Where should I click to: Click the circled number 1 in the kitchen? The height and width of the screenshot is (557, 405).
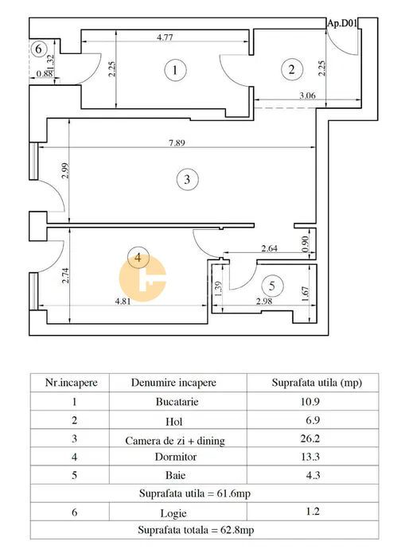(175, 70)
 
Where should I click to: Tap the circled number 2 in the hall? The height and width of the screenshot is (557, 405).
(292, 69)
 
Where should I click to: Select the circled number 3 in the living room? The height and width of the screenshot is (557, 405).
(187, 179)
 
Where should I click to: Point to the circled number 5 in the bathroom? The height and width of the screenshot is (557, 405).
(272, 286)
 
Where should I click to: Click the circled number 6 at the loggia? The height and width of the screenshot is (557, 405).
(38, 49)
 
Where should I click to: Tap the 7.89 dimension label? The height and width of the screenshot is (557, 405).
(177, 143)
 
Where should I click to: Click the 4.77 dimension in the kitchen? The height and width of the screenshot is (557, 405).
(165, 37)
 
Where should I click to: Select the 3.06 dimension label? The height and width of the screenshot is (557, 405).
(307, 95)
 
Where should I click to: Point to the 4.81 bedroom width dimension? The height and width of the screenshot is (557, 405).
(123, 302)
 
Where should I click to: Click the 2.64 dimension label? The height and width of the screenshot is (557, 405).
(269, 248)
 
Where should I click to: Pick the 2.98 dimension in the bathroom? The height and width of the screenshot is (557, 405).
(264, 301)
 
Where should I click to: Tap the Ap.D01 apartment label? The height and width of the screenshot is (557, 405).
(342, 23)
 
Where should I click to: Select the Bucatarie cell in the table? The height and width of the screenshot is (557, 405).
(177, 402)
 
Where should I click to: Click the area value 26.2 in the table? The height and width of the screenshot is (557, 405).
(310, 438)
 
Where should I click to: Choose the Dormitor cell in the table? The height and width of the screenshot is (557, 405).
(176, 457)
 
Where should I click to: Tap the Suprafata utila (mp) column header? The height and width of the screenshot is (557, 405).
(317, 383)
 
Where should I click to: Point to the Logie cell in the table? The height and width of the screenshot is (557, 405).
(173, 513)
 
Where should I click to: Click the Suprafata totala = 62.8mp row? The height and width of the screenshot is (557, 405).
(196, 530)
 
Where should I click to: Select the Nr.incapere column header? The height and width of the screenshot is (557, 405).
(72, 383)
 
